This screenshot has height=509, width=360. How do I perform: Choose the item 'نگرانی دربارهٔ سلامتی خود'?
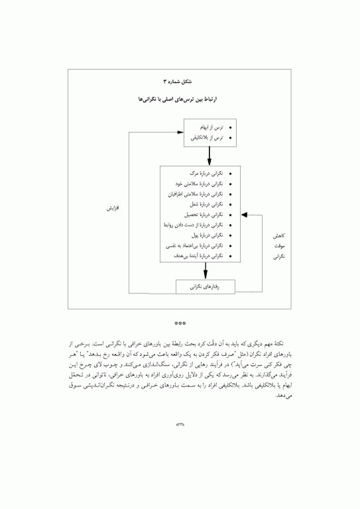[x=200, y=184]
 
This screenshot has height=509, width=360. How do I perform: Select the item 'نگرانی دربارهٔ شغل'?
[x=206, y=204]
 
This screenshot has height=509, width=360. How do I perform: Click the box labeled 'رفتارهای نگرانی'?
[x=205, y=287]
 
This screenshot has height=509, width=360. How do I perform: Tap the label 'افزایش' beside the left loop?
[x=115, y=208]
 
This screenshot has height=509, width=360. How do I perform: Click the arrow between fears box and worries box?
[x=209, y=156]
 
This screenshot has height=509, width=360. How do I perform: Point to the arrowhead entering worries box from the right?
[x=244, y=215]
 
